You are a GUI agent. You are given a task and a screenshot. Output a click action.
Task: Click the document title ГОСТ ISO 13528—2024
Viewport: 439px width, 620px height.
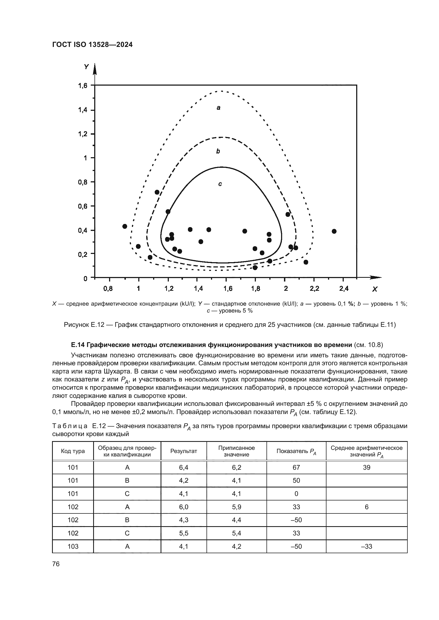92,45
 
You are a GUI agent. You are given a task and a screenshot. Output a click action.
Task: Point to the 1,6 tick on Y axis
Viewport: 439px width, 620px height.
83,86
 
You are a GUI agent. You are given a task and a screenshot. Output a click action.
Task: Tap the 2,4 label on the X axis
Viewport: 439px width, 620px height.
343,289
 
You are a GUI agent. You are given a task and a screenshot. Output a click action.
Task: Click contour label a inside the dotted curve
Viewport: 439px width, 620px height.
218,108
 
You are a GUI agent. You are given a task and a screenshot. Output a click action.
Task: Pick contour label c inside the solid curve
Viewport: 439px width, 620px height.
220,184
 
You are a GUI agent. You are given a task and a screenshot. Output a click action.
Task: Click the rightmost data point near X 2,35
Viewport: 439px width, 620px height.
334,231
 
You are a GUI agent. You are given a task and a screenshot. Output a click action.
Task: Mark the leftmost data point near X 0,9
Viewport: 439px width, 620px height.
125,226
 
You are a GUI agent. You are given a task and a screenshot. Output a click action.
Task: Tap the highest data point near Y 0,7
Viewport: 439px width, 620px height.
157,192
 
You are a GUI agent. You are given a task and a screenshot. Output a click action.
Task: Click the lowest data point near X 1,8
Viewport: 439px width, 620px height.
255,268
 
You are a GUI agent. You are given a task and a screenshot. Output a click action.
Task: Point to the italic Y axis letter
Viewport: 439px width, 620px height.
86,67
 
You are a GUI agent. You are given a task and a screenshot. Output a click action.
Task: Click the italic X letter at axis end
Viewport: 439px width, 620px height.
375,289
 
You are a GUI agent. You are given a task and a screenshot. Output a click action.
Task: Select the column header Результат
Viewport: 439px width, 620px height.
184,451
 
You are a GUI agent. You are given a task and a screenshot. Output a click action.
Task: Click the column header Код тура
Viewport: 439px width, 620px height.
73,451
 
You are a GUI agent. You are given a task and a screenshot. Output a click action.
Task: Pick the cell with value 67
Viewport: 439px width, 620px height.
296,467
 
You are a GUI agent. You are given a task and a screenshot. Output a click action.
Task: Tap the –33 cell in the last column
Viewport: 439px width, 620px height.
367,546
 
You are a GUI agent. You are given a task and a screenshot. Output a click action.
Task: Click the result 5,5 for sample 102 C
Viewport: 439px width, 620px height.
184,533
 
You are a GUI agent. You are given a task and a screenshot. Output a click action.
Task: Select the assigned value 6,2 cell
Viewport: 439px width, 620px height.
236,467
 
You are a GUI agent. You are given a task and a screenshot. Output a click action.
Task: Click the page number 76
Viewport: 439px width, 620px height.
56,564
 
